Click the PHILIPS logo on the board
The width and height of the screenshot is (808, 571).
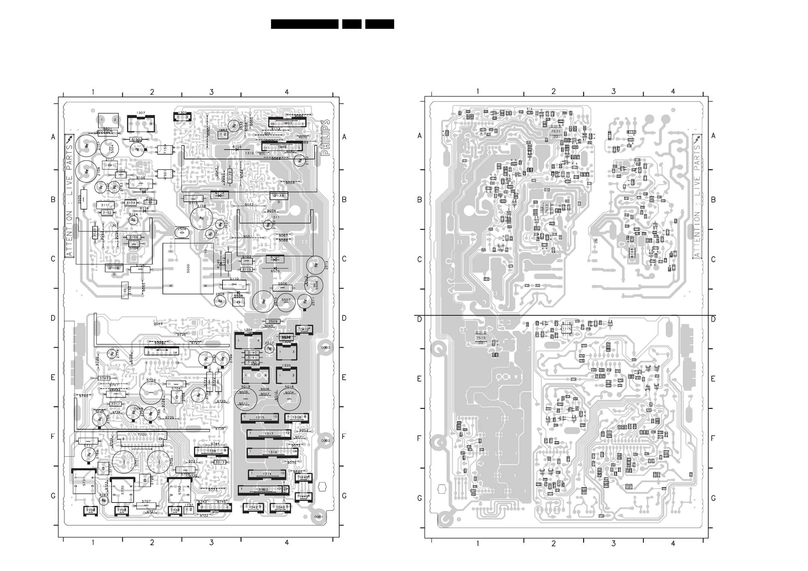[x=326, y=138]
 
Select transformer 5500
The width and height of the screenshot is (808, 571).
[x=188, y=269]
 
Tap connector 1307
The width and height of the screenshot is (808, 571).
[x=141, y=123]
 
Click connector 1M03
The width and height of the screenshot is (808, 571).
[x=287, y=123]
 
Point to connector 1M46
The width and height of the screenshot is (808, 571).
[x=282, y=147]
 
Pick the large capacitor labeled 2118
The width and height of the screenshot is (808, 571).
[x=201, y=218]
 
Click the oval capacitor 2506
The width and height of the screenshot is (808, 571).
[x=182, y=232]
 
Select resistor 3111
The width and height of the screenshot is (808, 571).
[x=105, y=205]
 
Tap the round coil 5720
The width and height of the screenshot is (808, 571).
[x=151, y=393]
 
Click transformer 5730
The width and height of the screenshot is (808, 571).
[x=122, y=490]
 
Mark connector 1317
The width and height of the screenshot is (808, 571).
[x=269, y=434]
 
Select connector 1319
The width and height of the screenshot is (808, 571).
[x=273, y=452]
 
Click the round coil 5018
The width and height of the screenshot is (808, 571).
[x=289, y=399]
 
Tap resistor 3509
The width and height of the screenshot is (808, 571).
[x=273, y=321]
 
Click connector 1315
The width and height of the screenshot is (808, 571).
[x=260, y=418]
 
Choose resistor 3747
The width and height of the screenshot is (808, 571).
[x=104, y=378]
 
